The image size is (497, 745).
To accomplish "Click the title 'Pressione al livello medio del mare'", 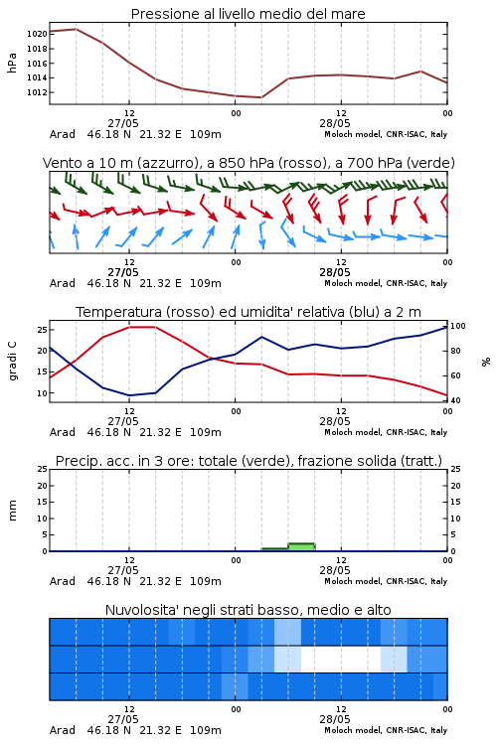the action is pyautogui.click(x=248, y=14).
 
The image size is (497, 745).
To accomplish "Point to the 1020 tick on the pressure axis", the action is pyautogui.click(x=37, y=34).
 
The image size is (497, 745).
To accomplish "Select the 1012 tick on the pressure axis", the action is pyautogui.click(x=37, y=92).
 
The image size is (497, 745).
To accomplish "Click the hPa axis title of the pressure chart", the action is pyautogui.click(x=12, y=63).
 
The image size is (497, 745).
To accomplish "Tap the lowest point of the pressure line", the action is pyautogui.click(x=261, y=97).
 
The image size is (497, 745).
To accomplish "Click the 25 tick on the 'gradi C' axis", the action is pyautogui.click(x=42, y=329).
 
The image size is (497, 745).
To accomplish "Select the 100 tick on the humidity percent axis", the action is pyautogui.click(x=458, y=326).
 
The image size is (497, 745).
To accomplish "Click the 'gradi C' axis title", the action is pyautogui.click(x=12, y=362).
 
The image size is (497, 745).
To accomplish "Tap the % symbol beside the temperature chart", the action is pyautogui.click(x=486, y=362).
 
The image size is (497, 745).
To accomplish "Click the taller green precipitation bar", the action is pyautogui.click(x=301, y=547).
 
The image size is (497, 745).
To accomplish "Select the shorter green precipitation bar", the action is pyautogui.click(x=275, y=549).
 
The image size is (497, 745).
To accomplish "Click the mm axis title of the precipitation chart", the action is pyautogui.click(x=12, y=511).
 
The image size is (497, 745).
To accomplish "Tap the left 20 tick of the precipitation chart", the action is pyautogui.click(x=42, y=486).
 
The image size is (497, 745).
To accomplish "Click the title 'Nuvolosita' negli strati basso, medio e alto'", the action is pyautogui.click(x=248, y=610).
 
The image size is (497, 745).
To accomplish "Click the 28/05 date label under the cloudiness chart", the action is pyautogui.click(x=335, y=719).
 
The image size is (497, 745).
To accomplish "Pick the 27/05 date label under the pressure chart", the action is pyautogui.click(x=123, y=123).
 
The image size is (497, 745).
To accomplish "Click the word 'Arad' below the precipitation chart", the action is pyautogui.click(x=63, y=581).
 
